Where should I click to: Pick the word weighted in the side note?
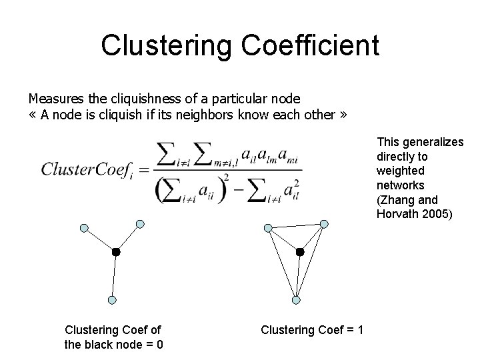(x=399, y=170)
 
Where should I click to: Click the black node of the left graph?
(x=115, y=252)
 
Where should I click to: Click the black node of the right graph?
(x=300, y=252)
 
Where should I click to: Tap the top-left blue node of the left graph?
(x=84, y=228)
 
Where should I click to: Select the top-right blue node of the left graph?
(x=140, y=223)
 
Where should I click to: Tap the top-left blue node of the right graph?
(x=268, y=228)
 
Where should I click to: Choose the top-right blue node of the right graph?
(x=324, y=223)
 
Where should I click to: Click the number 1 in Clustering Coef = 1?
(x=360, y=330)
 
